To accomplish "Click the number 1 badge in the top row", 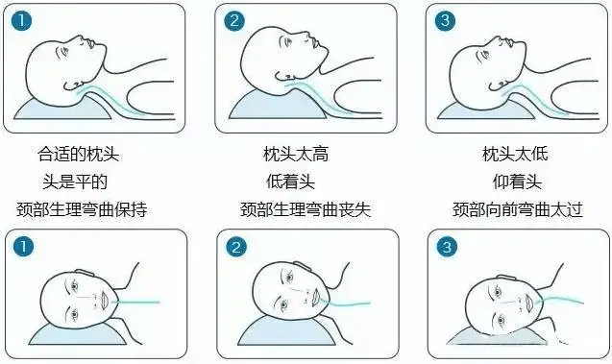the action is (x=22, y=20).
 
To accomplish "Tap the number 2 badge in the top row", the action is (x=234, y=20).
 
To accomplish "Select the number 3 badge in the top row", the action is (x=446, y=20).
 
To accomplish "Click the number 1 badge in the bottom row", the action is (x=23, y=246).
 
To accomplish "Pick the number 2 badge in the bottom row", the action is (x=236, y=247).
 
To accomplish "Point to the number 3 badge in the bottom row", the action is (x=447, y=247).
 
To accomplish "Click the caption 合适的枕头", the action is (x=79, y=154).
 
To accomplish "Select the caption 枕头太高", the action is (x=296, y=154).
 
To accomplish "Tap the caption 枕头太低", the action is (x=515, y=154).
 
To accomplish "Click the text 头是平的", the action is (x=75, y=182).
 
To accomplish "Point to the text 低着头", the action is (x=290, y=182).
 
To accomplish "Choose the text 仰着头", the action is (x=517, y=182).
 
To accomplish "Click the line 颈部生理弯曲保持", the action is (x=82, y=209).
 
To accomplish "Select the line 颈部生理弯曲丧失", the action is (x=306, y=209).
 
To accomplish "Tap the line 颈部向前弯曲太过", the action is (x=518, y=209).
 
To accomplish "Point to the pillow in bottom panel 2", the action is (x=287, y=332).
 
